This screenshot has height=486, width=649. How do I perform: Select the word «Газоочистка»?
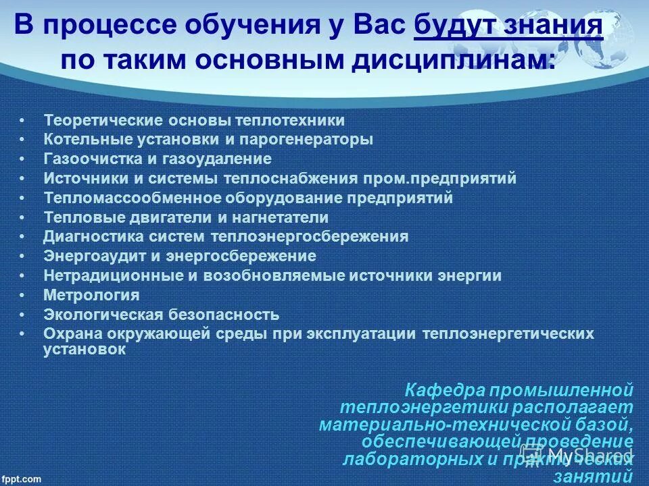pyautogui.click(x=82, y=159)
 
